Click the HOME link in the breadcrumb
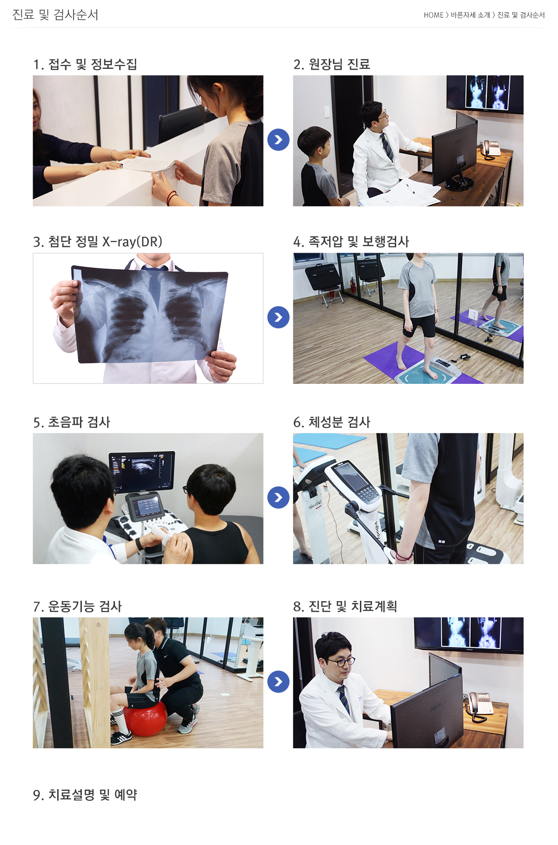[433, 15]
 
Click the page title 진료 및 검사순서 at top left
[55, 15]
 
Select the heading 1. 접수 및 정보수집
[85, 64]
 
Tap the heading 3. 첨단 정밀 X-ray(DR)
[98, 242]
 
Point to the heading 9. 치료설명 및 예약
[85, 795]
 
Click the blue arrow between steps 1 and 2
[279, 140]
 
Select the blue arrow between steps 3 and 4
[279, 317]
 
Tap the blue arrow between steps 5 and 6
[279, 497]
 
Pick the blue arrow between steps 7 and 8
[279, 682]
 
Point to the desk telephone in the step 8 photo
[479, 705]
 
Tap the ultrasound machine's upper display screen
[142, 470]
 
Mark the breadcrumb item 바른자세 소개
[470, 15]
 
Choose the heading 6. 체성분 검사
[332, 422]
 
